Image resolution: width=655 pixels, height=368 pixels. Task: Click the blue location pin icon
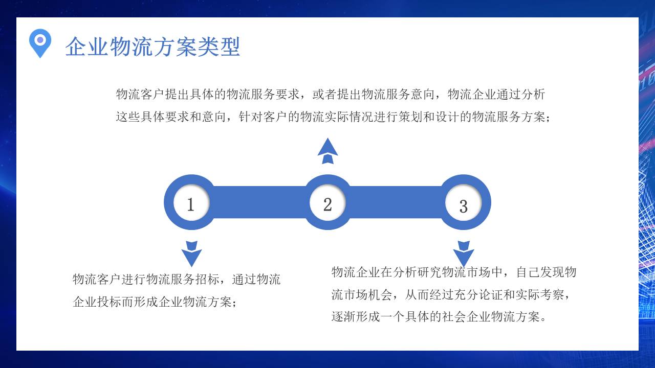tap(40, 42)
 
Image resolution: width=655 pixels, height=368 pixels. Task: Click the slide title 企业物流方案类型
tap(152, 47)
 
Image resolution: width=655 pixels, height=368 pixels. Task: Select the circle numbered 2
tap(327, 204)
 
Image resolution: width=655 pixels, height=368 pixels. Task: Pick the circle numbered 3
tap(464, 205)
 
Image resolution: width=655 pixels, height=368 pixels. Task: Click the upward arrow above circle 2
tap(327, 151)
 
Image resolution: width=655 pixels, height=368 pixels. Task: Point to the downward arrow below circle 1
tap(191, 254)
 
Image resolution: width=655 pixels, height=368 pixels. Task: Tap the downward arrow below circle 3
tap(464, 254)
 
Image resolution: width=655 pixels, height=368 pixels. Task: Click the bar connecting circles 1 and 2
tap(258, 202)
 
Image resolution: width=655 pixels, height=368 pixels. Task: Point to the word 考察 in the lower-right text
tap(552, 294)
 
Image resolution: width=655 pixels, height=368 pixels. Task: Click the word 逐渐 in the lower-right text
tap(343, 317)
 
